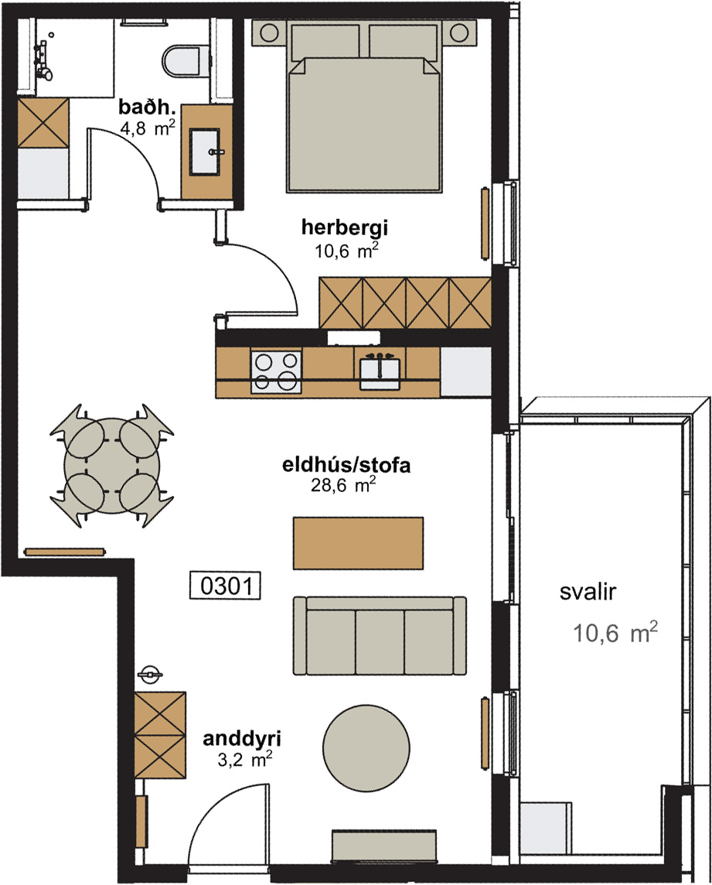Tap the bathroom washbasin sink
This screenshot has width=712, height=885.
pyautogui.click(x=204, y=152)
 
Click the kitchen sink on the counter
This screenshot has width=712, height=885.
pyautogui.click(x=380, y=371)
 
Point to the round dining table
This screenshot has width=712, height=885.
pyautogui.click(x=111, y=466)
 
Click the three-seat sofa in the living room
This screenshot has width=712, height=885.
pyautogui.click(x=380, y=636)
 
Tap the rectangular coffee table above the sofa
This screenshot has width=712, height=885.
pyautogui.click(x=358, y=543)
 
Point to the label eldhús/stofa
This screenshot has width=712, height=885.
pyautogui.click(x=346, y=465)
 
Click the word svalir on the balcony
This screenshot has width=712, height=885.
pyautogui.click(x=588, y=592)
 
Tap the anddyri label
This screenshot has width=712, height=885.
pyautogui.click(x=242, y=738)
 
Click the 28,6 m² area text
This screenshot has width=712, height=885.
pyautogui.click(x=343, y=485)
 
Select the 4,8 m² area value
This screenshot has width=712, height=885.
pyautogui.click(x=148, y=128)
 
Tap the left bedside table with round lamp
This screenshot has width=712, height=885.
pyautogui.click(x=270, y=32)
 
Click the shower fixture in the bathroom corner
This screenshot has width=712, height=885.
pyautogui.click(x=44, y=59)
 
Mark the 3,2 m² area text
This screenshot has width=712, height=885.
pyautogui.click(x=245, y=760)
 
